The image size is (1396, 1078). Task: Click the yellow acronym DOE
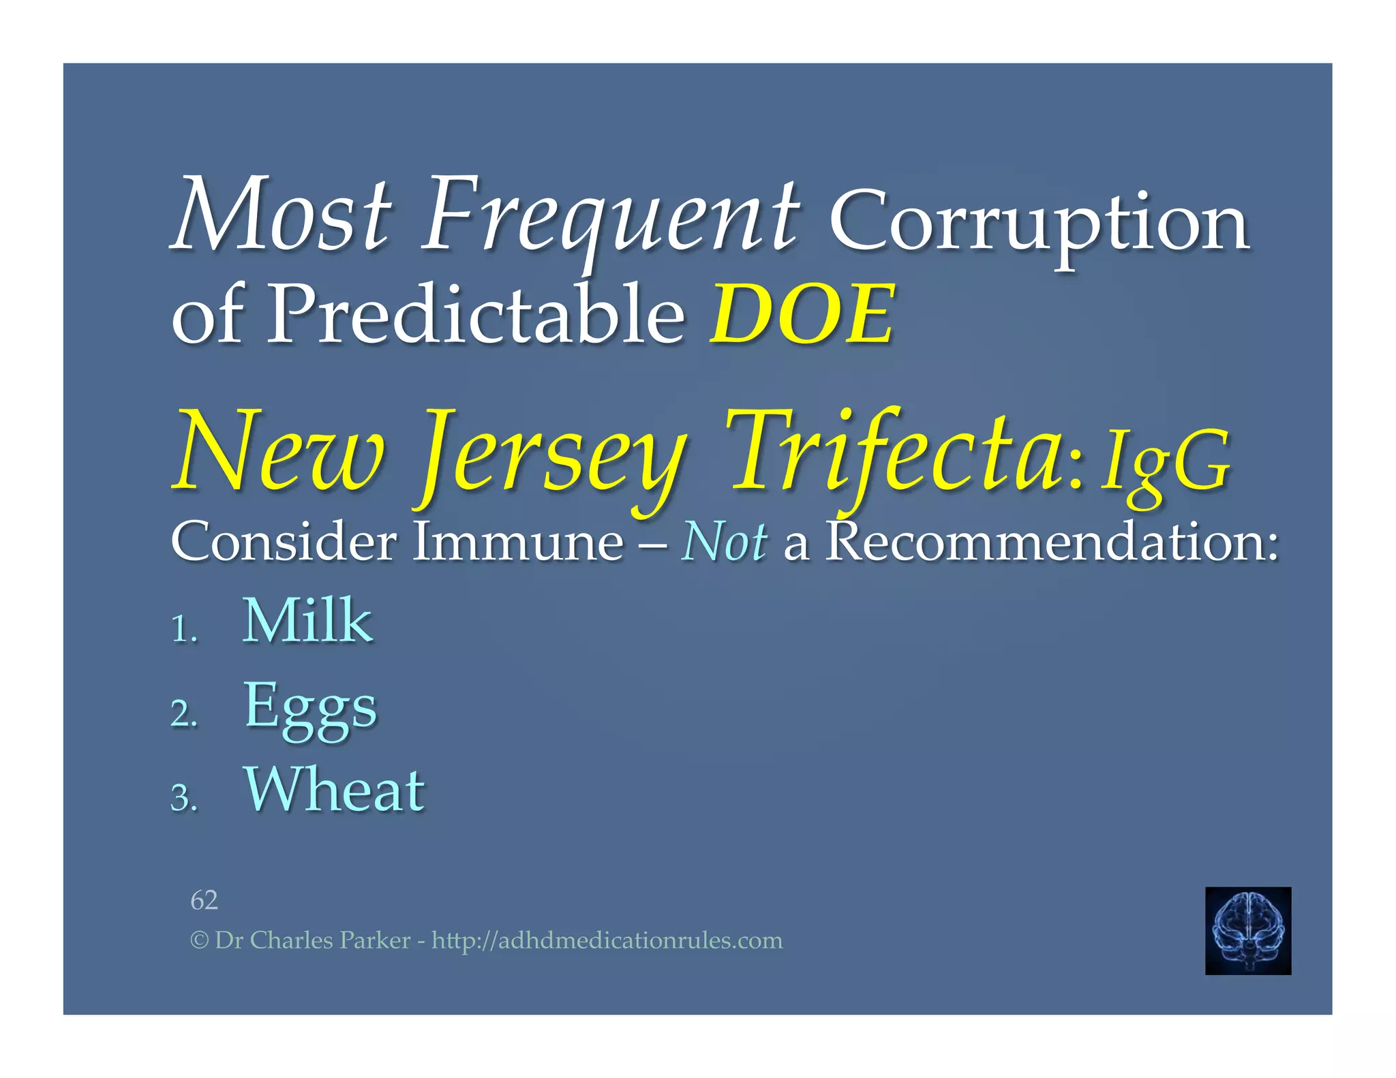point(802,315)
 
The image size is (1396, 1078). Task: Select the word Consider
point(284,542)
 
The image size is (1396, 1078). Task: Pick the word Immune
point(518,542)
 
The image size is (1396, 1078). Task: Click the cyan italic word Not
point(724,542)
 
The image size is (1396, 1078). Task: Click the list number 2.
point(183,714)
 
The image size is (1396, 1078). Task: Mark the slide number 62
point(204,900)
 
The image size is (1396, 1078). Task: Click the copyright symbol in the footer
point(198,941)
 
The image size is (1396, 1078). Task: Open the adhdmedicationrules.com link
point(607,941)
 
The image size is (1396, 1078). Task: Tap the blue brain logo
point(1247,930)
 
